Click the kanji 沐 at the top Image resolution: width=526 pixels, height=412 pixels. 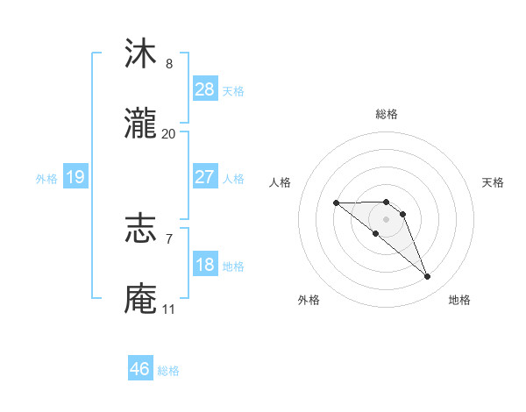click(x=141, y=54)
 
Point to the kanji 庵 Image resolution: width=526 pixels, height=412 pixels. click(x=141, y=299)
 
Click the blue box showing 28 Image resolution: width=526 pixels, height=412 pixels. click(x=204, y=89)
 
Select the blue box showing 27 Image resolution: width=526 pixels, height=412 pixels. click(x=204, y=177)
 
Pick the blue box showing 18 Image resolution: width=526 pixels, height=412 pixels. click(x=204, y=265)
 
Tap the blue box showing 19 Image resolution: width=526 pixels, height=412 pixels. click(x=75, y=177)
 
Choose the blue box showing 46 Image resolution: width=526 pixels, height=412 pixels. click(x=140, y=369)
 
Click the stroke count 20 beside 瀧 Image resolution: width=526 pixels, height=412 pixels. click(x=168, y=134)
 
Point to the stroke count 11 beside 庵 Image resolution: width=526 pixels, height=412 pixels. click(x=168, y=309)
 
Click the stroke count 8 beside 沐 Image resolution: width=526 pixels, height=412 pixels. click(x=168, y=64)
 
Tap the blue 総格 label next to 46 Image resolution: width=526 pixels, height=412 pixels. click(x=168, y=371)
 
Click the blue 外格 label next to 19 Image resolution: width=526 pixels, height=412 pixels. click(x=46, y=178)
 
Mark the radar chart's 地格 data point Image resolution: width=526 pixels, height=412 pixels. click(x=428, y=277)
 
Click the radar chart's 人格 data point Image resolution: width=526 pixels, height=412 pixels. click(x=336, y=203)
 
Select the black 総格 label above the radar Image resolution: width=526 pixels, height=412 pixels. click(x=386, y=114)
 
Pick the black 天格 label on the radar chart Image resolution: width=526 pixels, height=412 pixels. click(x=494, y=182)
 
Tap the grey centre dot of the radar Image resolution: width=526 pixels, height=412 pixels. click(x=386, y=219)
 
